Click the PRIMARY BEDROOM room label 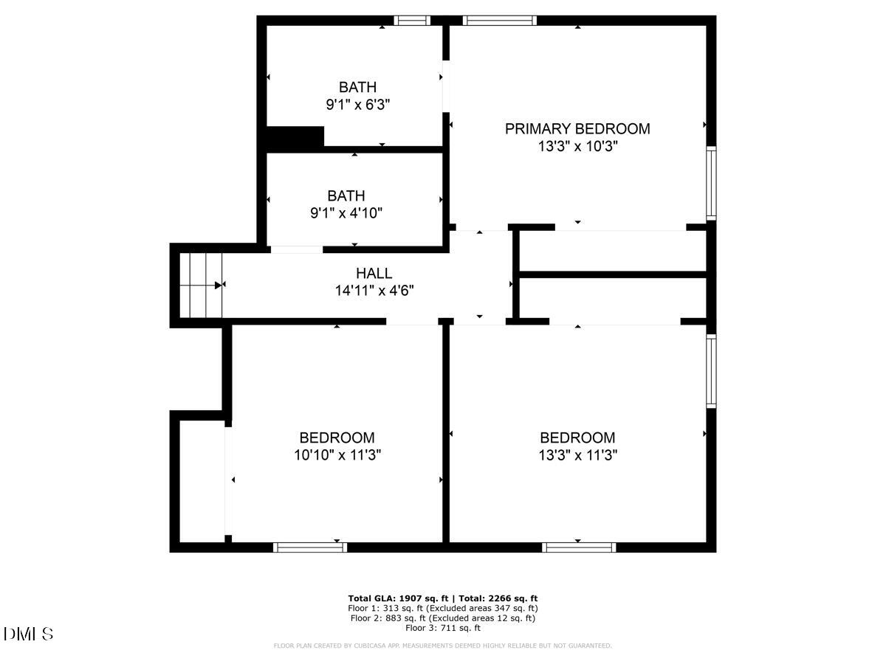(x=577, y=129)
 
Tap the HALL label (x=374, y=274)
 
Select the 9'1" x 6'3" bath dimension (x=357, y=105)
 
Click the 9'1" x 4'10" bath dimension (x=346, y=213)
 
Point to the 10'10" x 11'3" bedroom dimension (x=337, y=455)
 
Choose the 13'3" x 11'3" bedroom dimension (x=577, y=455)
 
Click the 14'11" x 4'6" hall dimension (x=374, y=291)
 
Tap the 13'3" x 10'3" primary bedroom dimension (x=577, y=147)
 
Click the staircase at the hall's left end (x=201, y=285)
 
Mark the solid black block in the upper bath (x=295, y=138)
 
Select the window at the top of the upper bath (x=412, y=21)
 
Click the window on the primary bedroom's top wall (x=500, y=21)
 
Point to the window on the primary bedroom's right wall (x=711, y=183)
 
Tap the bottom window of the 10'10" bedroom (x=310, y=547)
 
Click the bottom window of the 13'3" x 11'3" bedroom (x=579, y=547)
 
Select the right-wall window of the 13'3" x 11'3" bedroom (x=711, y=371)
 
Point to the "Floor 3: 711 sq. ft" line (x=443, y=628)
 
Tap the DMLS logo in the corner (x=28, y=634)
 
